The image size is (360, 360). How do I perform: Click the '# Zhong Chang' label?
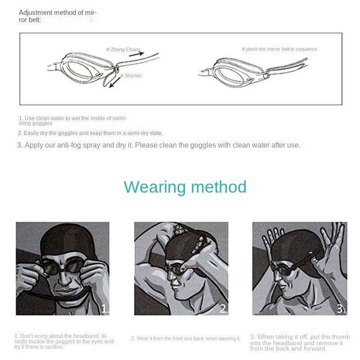point(123,49)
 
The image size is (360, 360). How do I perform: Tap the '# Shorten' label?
point(131,76)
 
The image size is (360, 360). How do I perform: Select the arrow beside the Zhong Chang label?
point(138,54)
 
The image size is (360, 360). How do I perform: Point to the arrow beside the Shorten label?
point(115,82)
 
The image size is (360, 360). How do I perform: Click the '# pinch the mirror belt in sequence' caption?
point(279,49)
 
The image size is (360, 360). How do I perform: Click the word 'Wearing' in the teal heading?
point(154,187)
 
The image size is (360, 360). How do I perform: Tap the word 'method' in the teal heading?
point(219,187)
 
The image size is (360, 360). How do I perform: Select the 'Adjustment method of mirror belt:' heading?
point(58,16)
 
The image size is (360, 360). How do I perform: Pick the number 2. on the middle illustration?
point(224,309)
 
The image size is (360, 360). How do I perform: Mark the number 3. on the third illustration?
point(341,309)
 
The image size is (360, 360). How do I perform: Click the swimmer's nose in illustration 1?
point(64,279)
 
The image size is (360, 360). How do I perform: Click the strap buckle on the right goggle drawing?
point(266,75)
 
